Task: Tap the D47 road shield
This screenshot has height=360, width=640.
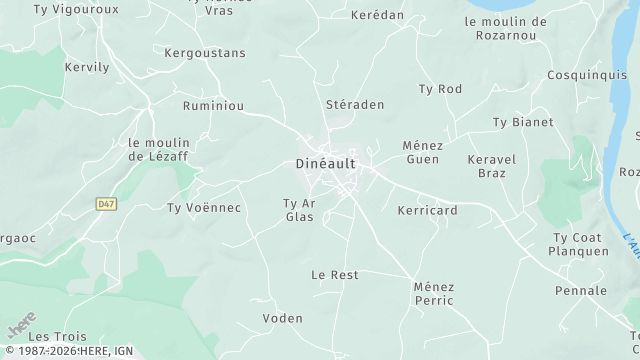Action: pos(105,203)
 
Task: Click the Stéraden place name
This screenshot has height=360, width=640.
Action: pos(355,104)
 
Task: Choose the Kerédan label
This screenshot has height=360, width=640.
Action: pos(378,16)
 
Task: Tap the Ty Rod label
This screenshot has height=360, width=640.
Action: pos(440,89)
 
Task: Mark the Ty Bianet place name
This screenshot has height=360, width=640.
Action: pos(522,122)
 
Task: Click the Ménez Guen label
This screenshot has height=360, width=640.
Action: pos(422,152)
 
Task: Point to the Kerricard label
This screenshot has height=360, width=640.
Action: pos(427,211)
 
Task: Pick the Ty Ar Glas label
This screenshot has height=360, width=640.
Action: pos(300,210)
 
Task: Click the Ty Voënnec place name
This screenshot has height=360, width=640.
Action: pos(204,208)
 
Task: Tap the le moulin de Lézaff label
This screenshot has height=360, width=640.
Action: pos(159,149)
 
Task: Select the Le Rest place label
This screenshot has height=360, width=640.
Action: pos(335,274)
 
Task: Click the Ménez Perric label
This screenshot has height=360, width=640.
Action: pos(433,293)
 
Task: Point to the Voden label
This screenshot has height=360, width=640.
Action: pos(282,318)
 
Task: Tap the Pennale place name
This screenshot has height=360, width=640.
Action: pos(581,291)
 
